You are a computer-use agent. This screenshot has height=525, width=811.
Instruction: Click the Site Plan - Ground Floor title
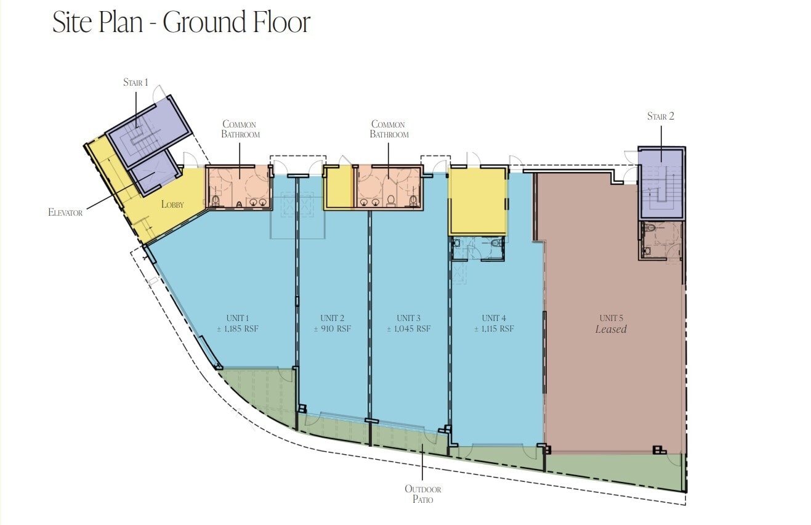click(x=181, y=23)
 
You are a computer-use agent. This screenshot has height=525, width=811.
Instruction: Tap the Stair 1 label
click(x=135, y=83)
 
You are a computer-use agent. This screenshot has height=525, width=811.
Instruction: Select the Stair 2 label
click(x=660, y=116)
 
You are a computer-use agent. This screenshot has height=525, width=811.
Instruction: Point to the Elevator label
click(x=65, y=213)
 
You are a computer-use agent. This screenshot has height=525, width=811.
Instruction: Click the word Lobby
click(x=172, y=204)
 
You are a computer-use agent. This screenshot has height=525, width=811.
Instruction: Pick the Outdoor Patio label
click(x=422, y=494)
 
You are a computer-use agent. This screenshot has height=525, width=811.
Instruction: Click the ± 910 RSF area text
click(x=332, y=329)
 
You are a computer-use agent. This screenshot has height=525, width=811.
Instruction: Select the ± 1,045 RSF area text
click(x=408, y=329)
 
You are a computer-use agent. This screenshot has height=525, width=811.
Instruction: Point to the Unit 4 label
click(x=493, y=318)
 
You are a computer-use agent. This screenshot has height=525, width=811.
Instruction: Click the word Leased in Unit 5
click(x=610, y=330)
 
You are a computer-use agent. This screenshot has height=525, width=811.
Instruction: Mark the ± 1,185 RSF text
click(x=237, y=329)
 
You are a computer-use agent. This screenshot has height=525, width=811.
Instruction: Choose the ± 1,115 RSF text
click(x=493, y=329)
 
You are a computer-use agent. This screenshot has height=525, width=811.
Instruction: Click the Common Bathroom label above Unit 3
click(x=389, y=129)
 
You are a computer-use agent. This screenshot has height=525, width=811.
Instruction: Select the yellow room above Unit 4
click(x=477, y=201)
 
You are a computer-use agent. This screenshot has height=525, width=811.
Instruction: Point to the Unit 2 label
click(x=332, y=318)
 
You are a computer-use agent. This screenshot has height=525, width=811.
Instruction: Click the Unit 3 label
click(x=408, y=318)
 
